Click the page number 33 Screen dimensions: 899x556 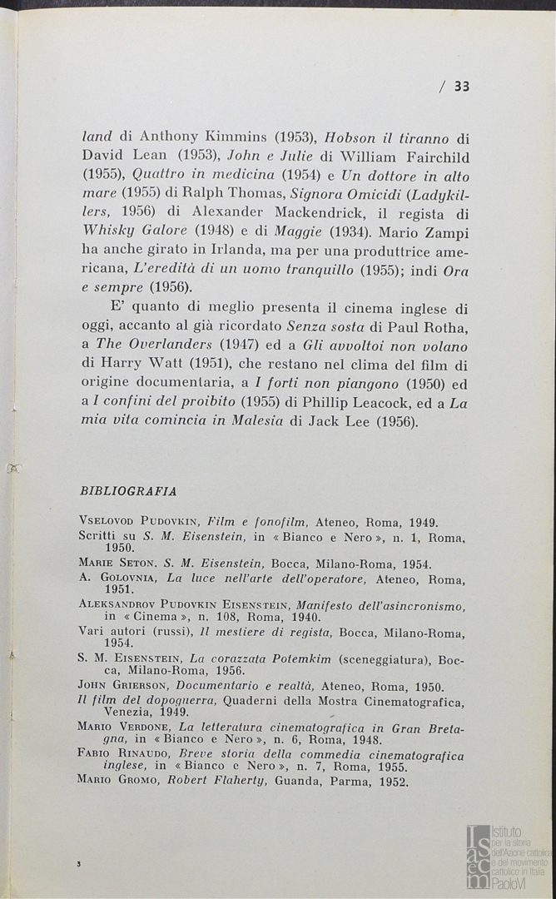(x=462, y=86)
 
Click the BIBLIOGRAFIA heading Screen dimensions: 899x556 (x=127, y=491)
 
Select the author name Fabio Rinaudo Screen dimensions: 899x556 (x=124, y=754)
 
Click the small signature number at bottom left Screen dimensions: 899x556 (x=77, y=865)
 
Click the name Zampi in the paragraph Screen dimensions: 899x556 (x=448, y=230)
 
